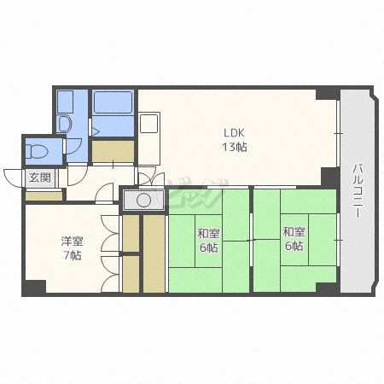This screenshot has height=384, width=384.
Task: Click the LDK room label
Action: pos(234,133)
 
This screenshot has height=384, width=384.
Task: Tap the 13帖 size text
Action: pos(235,147)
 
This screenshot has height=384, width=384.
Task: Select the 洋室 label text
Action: pos(73,241)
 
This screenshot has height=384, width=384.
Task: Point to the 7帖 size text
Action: pos(73,255)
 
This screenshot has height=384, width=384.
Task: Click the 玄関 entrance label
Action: pos(40,177)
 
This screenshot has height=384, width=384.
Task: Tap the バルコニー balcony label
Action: pos(358,191)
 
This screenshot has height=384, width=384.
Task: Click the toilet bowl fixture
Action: pos(37,151)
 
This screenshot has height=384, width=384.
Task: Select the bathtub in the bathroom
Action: pos(113,102)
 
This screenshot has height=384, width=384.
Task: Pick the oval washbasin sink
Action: pos(65,124)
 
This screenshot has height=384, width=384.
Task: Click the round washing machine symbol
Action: pos(143,200)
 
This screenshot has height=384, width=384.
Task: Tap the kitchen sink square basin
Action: pos(148,124)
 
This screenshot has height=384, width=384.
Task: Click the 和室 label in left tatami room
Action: pos(208,234)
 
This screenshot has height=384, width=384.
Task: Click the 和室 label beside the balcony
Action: pos(294,232)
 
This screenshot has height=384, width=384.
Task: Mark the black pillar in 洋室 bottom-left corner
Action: pos(34,288)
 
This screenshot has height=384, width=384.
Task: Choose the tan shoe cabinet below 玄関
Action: pos(44,196)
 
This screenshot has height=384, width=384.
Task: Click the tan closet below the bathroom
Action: pos(113,151)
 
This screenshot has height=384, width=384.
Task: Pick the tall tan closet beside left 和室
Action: pos(154,253)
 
